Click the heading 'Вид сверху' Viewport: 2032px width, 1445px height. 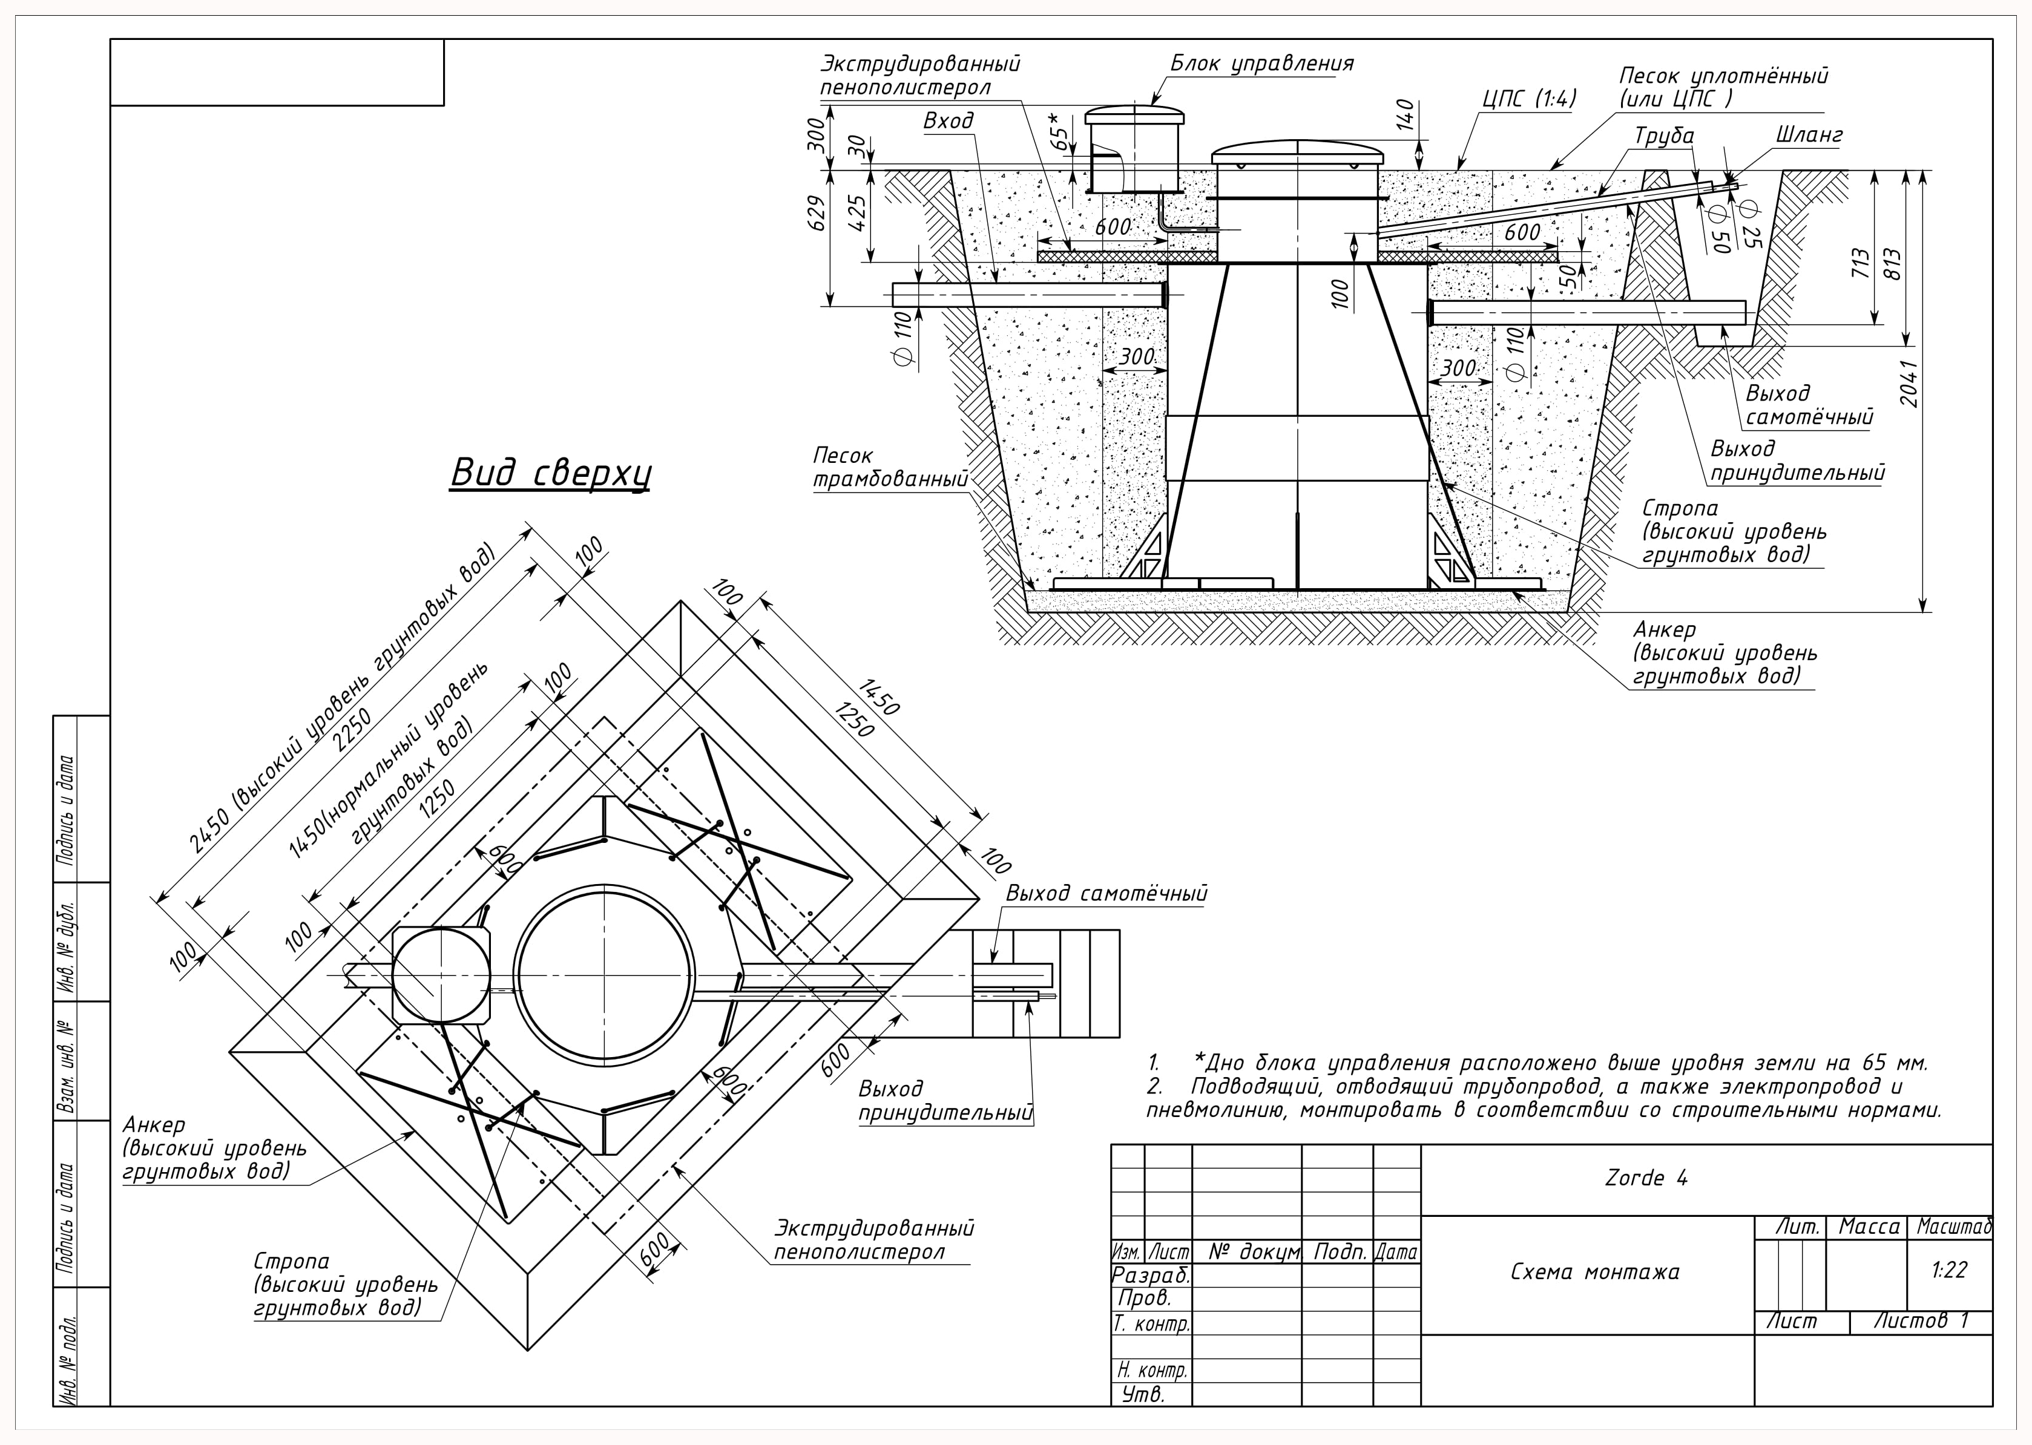tap(550, 473)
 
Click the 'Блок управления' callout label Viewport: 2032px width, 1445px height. tap(1261, 64)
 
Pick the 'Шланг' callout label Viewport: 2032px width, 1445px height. tap(1809, 136)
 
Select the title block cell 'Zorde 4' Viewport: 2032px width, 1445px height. tap(1646, 1178)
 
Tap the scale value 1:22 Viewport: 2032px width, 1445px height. tap(1948, 1270)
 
